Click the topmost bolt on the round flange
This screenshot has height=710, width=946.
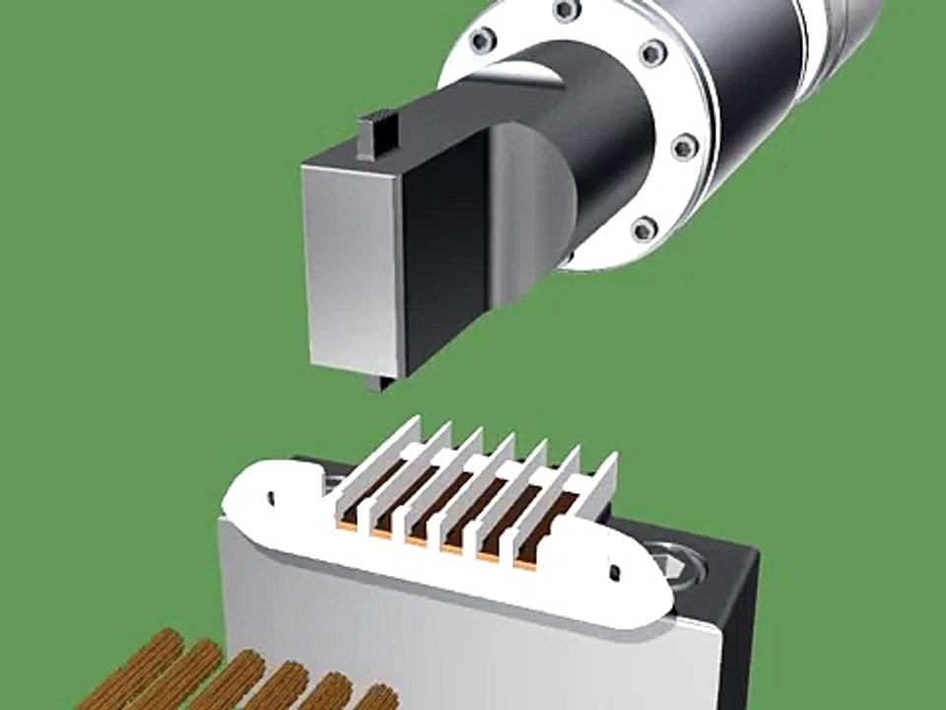[x=567, y=11]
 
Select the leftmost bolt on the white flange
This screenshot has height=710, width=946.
[x=481, y=40]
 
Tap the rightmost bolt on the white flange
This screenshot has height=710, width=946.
[x=685, y=148]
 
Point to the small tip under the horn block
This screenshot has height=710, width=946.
[x=375, y=382]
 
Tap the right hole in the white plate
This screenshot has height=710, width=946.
[x=615, y=571]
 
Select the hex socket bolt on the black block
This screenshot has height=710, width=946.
[x=678, y=559]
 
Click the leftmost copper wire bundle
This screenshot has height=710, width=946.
[x=138, y=671]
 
